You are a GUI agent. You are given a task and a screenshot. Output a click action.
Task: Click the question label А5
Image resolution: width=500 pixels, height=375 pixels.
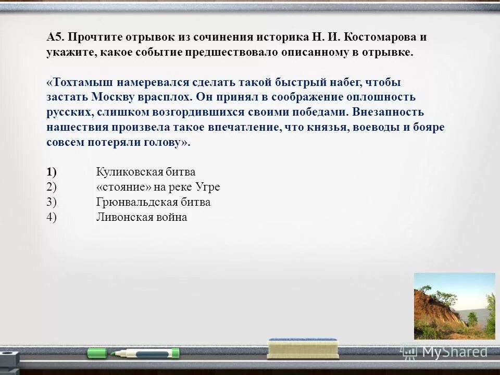[x=55, y=37]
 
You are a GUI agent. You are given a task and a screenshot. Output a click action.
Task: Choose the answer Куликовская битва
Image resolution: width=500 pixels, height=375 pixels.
[x=146, y=172]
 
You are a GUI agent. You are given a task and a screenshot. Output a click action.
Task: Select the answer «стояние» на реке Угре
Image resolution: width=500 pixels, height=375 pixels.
[x=158, y=187]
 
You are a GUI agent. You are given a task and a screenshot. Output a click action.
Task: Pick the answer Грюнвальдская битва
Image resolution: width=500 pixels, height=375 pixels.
[x=153, y=202]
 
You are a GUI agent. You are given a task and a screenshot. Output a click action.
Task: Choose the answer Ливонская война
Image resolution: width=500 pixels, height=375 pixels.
[x=141, y=217]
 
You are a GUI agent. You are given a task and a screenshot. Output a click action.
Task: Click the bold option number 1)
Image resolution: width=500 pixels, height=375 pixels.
[x=52, y=172]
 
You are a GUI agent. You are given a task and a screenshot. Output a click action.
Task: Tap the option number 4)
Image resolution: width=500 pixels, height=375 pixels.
[x=52, y=217]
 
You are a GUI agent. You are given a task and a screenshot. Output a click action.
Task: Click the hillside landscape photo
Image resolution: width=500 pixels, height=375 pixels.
[x=454, y=306]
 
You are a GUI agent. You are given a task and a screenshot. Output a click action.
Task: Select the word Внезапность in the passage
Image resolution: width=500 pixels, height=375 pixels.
[x=388, y=113]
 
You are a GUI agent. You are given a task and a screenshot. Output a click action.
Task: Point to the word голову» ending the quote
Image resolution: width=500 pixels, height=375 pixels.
[x=167, y=143]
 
